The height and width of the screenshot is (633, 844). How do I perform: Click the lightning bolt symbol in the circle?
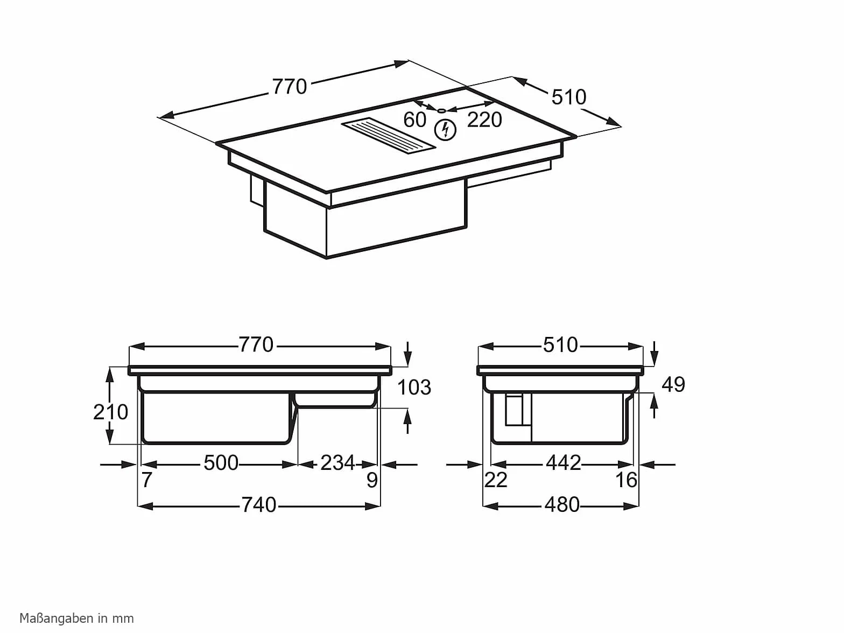click(x=445, y=130)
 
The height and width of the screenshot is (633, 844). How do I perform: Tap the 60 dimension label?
click(x=414, y=119)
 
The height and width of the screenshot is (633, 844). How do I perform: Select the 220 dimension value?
click(x=484, y=119)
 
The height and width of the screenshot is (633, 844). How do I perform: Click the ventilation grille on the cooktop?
click(x=388, y=136)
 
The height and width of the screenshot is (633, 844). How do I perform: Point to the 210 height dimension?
click(x=111, y=412)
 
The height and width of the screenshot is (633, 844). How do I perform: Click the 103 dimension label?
click(x=414, y=387)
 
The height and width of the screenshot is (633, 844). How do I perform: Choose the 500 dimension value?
click(x=221, y=463)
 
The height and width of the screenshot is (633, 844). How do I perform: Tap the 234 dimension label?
click(x=337, y=463)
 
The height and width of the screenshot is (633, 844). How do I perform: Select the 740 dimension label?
click(x=259, y=505)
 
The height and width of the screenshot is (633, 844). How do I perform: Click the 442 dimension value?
click(x=564, y=463)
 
